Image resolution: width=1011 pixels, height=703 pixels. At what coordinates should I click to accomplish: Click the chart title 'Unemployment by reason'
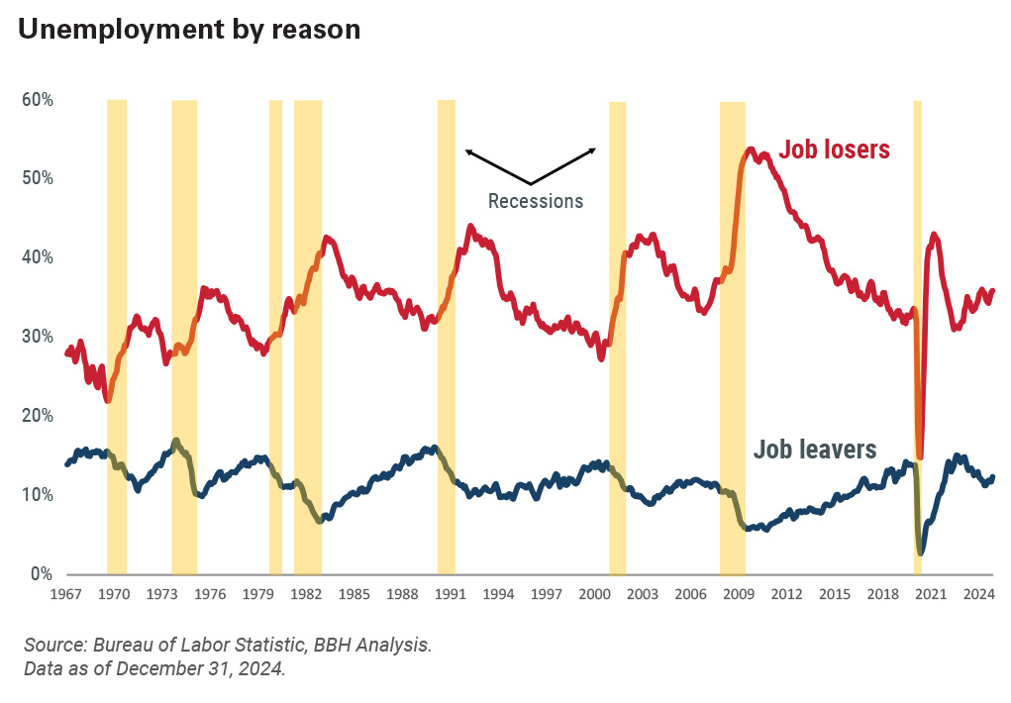[188, 30]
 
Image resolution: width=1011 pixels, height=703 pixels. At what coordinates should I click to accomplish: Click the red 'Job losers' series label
[834, 150]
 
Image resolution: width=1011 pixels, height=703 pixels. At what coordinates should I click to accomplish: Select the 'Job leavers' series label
[815, 450]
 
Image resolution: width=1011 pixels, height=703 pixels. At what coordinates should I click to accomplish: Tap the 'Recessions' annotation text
[536, 201]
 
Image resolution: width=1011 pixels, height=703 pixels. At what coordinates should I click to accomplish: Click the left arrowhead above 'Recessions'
[467, 151]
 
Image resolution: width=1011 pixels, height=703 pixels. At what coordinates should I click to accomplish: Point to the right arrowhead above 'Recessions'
[594, 150]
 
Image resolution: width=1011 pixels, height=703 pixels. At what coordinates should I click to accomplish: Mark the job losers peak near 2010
[750, 151]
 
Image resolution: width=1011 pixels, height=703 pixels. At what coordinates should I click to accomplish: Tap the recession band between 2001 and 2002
[617, 337]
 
